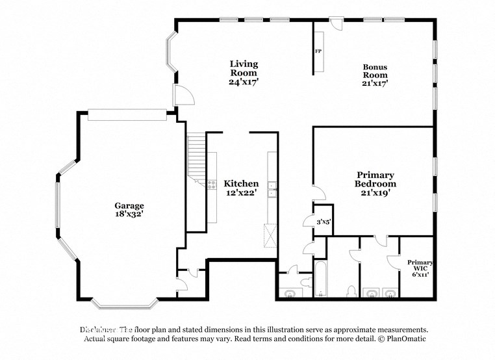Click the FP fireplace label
pos(318,51)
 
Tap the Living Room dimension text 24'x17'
pos(244,83)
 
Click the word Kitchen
pos(241,184)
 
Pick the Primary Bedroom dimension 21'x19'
pos(375,193)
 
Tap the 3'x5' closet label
pos(324,222)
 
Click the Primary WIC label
pos(418,266)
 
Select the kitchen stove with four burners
pos(212,184)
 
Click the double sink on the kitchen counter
pos(273,188)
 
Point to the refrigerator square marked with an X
pos(270,232)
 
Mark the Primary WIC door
pos(393,261)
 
